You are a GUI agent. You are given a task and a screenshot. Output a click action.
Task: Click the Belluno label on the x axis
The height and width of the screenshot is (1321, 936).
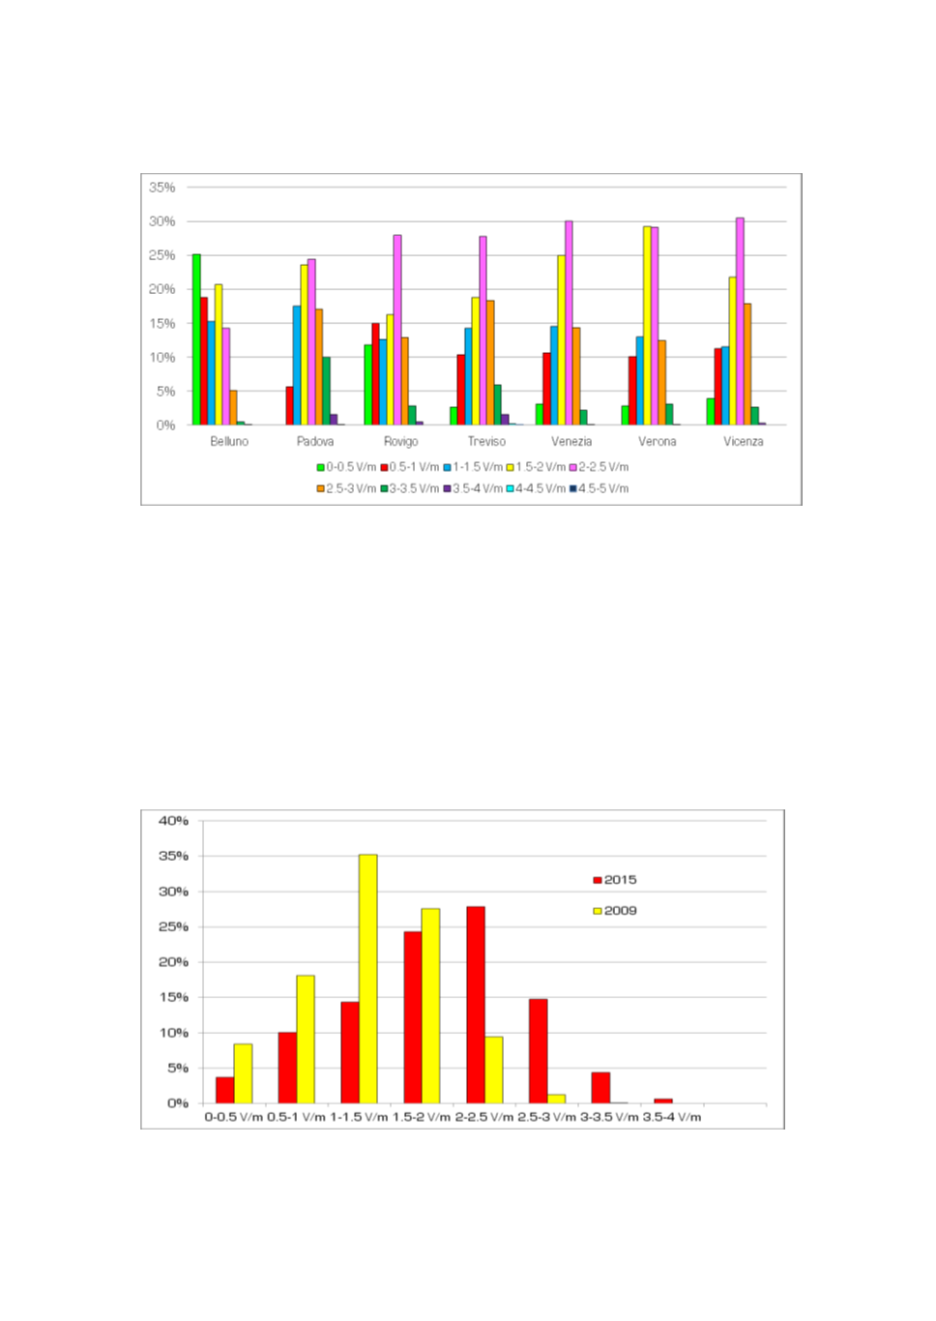pos(229,441)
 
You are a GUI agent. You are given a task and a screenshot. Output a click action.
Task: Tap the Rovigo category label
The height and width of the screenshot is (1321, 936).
pos(400,441)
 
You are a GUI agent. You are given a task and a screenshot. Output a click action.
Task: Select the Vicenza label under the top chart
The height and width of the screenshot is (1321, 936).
pos(743,441)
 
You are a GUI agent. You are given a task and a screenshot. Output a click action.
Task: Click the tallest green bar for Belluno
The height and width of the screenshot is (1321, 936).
pos(196,338)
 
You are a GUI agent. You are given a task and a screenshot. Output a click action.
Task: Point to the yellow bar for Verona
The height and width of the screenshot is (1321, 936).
pos(647,325)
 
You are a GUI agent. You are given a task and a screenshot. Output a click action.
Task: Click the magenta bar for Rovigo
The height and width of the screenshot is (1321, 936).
pos(397,330)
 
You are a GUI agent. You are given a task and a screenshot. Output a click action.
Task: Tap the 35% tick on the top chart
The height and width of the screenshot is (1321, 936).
pos(162,188)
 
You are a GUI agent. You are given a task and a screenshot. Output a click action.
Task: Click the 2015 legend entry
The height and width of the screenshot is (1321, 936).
pos(615,880)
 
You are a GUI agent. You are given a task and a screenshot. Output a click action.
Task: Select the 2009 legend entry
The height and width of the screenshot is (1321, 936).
pos(615,911)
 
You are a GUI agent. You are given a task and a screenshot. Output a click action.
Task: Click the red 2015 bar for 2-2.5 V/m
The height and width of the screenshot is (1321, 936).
pos(476,1005)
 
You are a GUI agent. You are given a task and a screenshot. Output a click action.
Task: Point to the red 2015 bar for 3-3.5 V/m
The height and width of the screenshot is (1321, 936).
pos(600,1088)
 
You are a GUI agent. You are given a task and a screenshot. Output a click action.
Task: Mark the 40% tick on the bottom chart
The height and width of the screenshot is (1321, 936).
pos(174,821)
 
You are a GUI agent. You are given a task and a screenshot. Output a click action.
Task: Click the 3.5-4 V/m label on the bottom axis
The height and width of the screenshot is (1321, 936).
pos(672,1117)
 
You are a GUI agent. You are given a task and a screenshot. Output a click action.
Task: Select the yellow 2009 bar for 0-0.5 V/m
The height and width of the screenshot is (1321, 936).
pos(243,1073)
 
